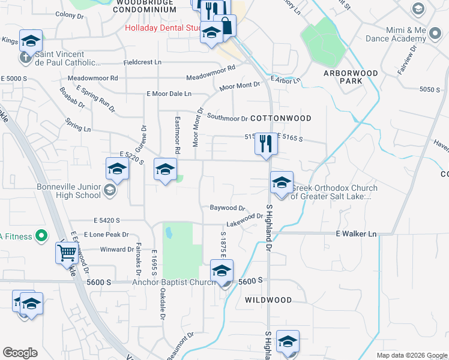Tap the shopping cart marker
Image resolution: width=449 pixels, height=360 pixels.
[66, 253]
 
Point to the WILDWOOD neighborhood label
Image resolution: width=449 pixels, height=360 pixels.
[268, 300]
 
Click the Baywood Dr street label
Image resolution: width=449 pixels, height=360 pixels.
[228, 208]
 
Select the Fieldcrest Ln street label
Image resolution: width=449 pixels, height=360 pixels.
[142, 62]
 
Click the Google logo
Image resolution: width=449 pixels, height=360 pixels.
[20, 353]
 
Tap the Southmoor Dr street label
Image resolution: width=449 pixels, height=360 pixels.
[228, 119]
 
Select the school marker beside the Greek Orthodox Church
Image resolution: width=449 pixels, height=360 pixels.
[281, 182]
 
